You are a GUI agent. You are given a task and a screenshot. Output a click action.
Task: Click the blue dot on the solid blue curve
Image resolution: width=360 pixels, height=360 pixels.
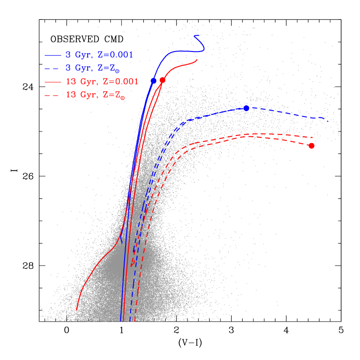coord(153,80)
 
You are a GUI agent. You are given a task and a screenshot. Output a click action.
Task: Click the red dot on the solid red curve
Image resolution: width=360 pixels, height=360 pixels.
coord(163,80)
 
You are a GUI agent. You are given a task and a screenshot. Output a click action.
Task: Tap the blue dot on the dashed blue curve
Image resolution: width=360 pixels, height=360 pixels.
coord(246,108)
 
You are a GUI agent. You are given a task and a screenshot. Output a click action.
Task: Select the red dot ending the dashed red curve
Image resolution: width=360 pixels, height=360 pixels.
coord(311,145)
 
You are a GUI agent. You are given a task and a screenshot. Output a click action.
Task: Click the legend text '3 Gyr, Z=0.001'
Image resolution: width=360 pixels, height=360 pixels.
coord(99,55)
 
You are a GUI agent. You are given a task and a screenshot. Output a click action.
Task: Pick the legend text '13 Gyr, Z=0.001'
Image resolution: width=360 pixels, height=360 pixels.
coord(102,82)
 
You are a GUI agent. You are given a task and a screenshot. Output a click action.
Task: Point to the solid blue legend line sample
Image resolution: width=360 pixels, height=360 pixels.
coord(53,55)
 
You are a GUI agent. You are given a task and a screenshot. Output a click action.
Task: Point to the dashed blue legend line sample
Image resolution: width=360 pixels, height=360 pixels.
coord(53,69)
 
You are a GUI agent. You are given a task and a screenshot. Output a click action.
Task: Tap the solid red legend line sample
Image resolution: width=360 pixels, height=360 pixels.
coord(53,82)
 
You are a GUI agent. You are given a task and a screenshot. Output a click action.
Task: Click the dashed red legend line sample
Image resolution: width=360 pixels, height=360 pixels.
coord(53,96)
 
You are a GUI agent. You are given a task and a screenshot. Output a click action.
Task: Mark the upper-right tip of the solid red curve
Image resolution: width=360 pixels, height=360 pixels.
coord(197,59)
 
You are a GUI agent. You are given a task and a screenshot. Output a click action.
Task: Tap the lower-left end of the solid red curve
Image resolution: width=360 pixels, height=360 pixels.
coord(77,310)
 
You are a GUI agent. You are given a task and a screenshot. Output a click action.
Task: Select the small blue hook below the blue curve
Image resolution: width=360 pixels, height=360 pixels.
coord(121,239)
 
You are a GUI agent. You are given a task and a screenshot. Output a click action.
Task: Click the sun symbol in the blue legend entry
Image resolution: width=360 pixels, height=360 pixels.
coord(117,70)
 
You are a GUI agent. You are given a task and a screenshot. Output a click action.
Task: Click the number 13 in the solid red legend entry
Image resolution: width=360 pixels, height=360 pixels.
coord(70,82)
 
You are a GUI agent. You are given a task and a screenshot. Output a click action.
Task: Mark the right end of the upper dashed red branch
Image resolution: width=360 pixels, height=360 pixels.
coord(313,137)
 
